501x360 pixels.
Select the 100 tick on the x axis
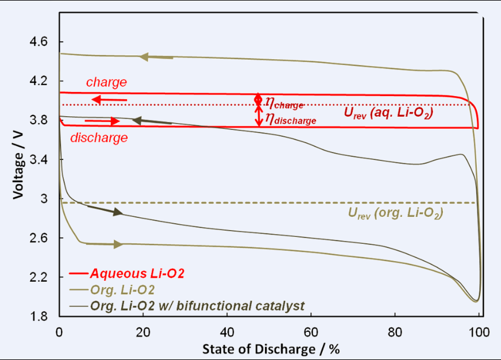point(479,332)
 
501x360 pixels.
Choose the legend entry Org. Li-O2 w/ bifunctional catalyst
point(197,305)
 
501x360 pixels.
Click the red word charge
point(106,82)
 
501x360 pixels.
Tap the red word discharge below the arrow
point(99,137)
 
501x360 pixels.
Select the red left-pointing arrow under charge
point(110,99)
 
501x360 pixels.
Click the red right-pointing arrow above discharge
point(102,121)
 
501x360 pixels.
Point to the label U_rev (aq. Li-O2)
point(388,114)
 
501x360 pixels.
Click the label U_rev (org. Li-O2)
point(396,212)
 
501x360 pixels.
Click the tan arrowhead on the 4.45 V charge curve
point(145,56)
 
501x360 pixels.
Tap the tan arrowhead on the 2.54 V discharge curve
point(118,244)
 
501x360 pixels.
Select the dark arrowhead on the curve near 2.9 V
point(118,212)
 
